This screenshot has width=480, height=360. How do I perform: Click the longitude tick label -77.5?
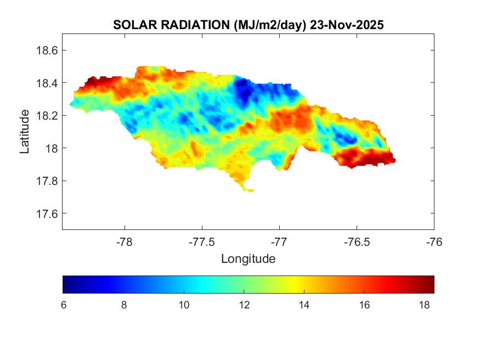click(202, 241)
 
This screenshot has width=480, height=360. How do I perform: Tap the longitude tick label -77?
click(279, 241)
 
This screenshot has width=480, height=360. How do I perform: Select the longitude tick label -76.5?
click(357, 241)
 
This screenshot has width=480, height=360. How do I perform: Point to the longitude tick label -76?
click(434, 241)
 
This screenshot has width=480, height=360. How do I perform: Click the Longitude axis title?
click(248, 258)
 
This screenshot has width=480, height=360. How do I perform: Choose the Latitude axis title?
click(25, 131)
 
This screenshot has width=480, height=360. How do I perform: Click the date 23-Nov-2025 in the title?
click(346, 25)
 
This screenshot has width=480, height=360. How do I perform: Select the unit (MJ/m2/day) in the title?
click(269, 25)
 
